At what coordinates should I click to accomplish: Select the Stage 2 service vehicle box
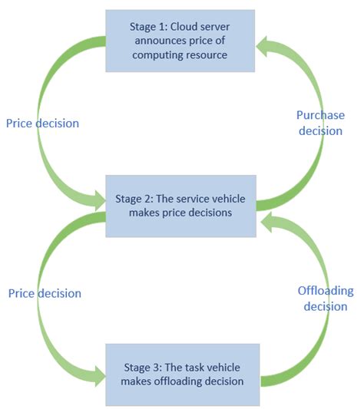click(182, 205)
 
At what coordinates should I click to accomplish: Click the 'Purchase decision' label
click(320, 123)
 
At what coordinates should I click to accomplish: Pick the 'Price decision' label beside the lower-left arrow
click(44, 293)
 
